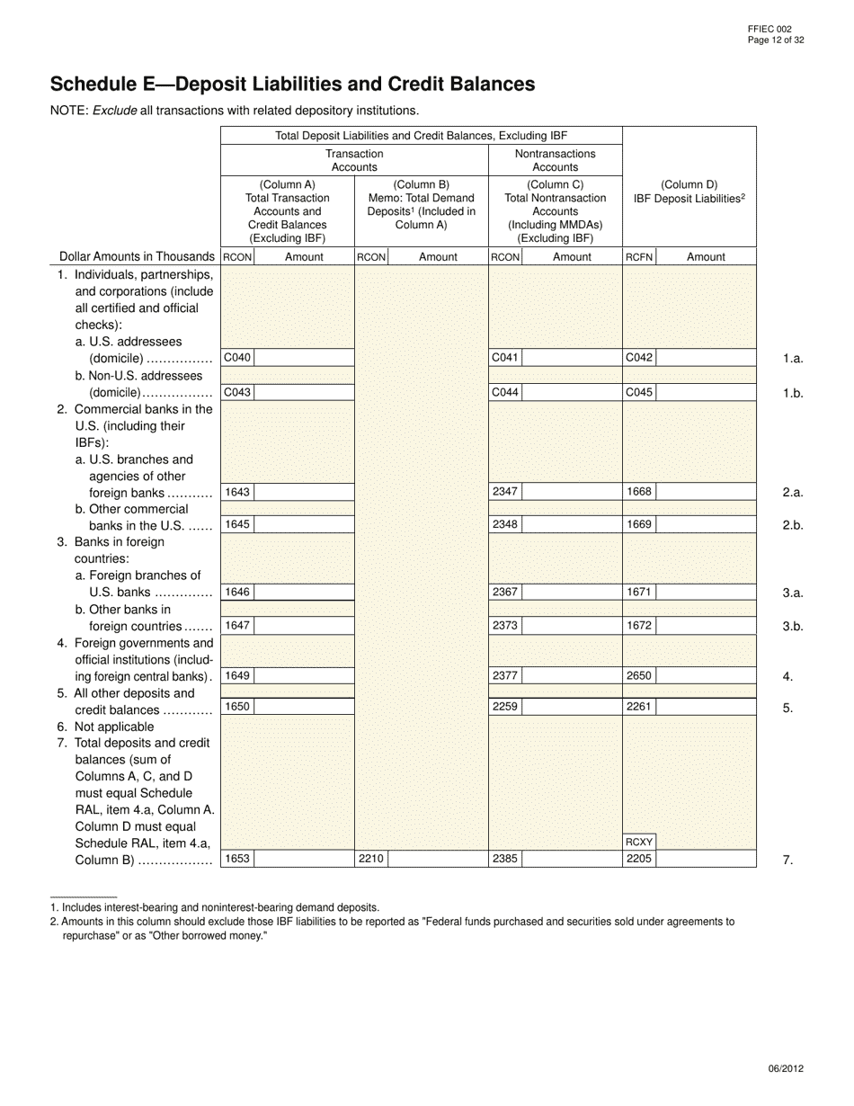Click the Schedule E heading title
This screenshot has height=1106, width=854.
pos(292,85)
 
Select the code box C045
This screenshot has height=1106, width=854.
pos(639,392)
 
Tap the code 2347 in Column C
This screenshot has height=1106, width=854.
pos(505,492)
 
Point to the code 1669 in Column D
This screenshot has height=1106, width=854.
pos(639,524)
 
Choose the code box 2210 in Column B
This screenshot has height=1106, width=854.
pos(371,859)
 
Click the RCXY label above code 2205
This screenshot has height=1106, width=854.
pos(639,842)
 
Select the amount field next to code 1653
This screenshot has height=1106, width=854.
pos(304,859)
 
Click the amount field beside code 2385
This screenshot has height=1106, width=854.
pos(572,859)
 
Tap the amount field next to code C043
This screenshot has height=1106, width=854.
pos(304,392)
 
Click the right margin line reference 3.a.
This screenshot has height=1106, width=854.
pos(792,593)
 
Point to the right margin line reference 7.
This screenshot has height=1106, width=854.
pos(787,861)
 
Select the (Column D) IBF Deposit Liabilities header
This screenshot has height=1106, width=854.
pos(689,192)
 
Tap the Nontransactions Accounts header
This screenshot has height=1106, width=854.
pos(555,160)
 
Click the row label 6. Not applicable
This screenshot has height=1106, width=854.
pos(106,727)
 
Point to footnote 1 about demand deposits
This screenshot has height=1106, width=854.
pos(215,908)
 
